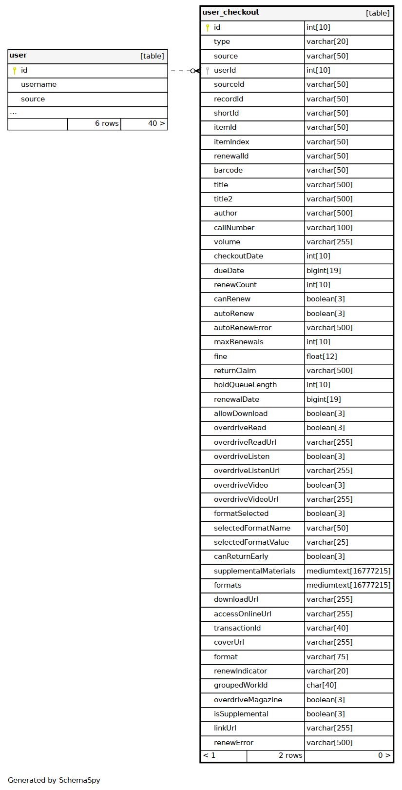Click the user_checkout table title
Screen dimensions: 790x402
231,13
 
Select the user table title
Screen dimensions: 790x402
18,56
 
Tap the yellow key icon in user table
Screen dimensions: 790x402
15,71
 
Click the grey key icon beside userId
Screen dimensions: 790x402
208,71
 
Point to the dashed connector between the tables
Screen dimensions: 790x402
180,71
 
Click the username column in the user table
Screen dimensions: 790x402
38,85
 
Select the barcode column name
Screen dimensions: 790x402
228,171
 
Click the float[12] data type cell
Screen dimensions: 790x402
322,357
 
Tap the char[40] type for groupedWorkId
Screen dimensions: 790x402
322,686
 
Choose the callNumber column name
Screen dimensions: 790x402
234,228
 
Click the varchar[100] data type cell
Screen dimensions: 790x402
329,228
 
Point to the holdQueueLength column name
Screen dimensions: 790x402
245,385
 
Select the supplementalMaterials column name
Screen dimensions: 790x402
254,572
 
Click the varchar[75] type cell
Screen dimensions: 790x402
327,657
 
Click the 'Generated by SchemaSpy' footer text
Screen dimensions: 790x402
54,780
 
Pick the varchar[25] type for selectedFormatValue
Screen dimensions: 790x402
327,543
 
